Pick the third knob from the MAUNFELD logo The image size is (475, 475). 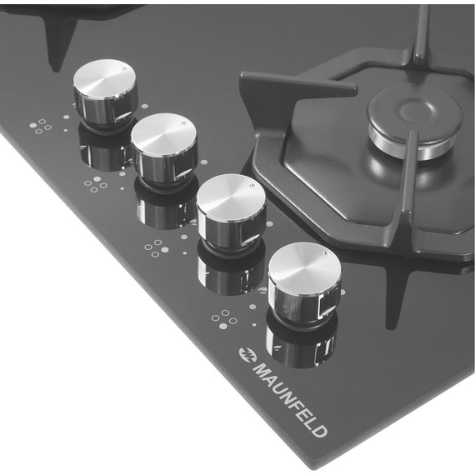pos(164,148)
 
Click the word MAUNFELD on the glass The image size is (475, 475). pos(290,399)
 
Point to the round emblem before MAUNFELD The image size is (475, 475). pos(247,354)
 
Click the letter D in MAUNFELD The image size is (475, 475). pos(320,430)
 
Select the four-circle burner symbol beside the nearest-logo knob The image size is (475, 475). pos(224,319)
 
